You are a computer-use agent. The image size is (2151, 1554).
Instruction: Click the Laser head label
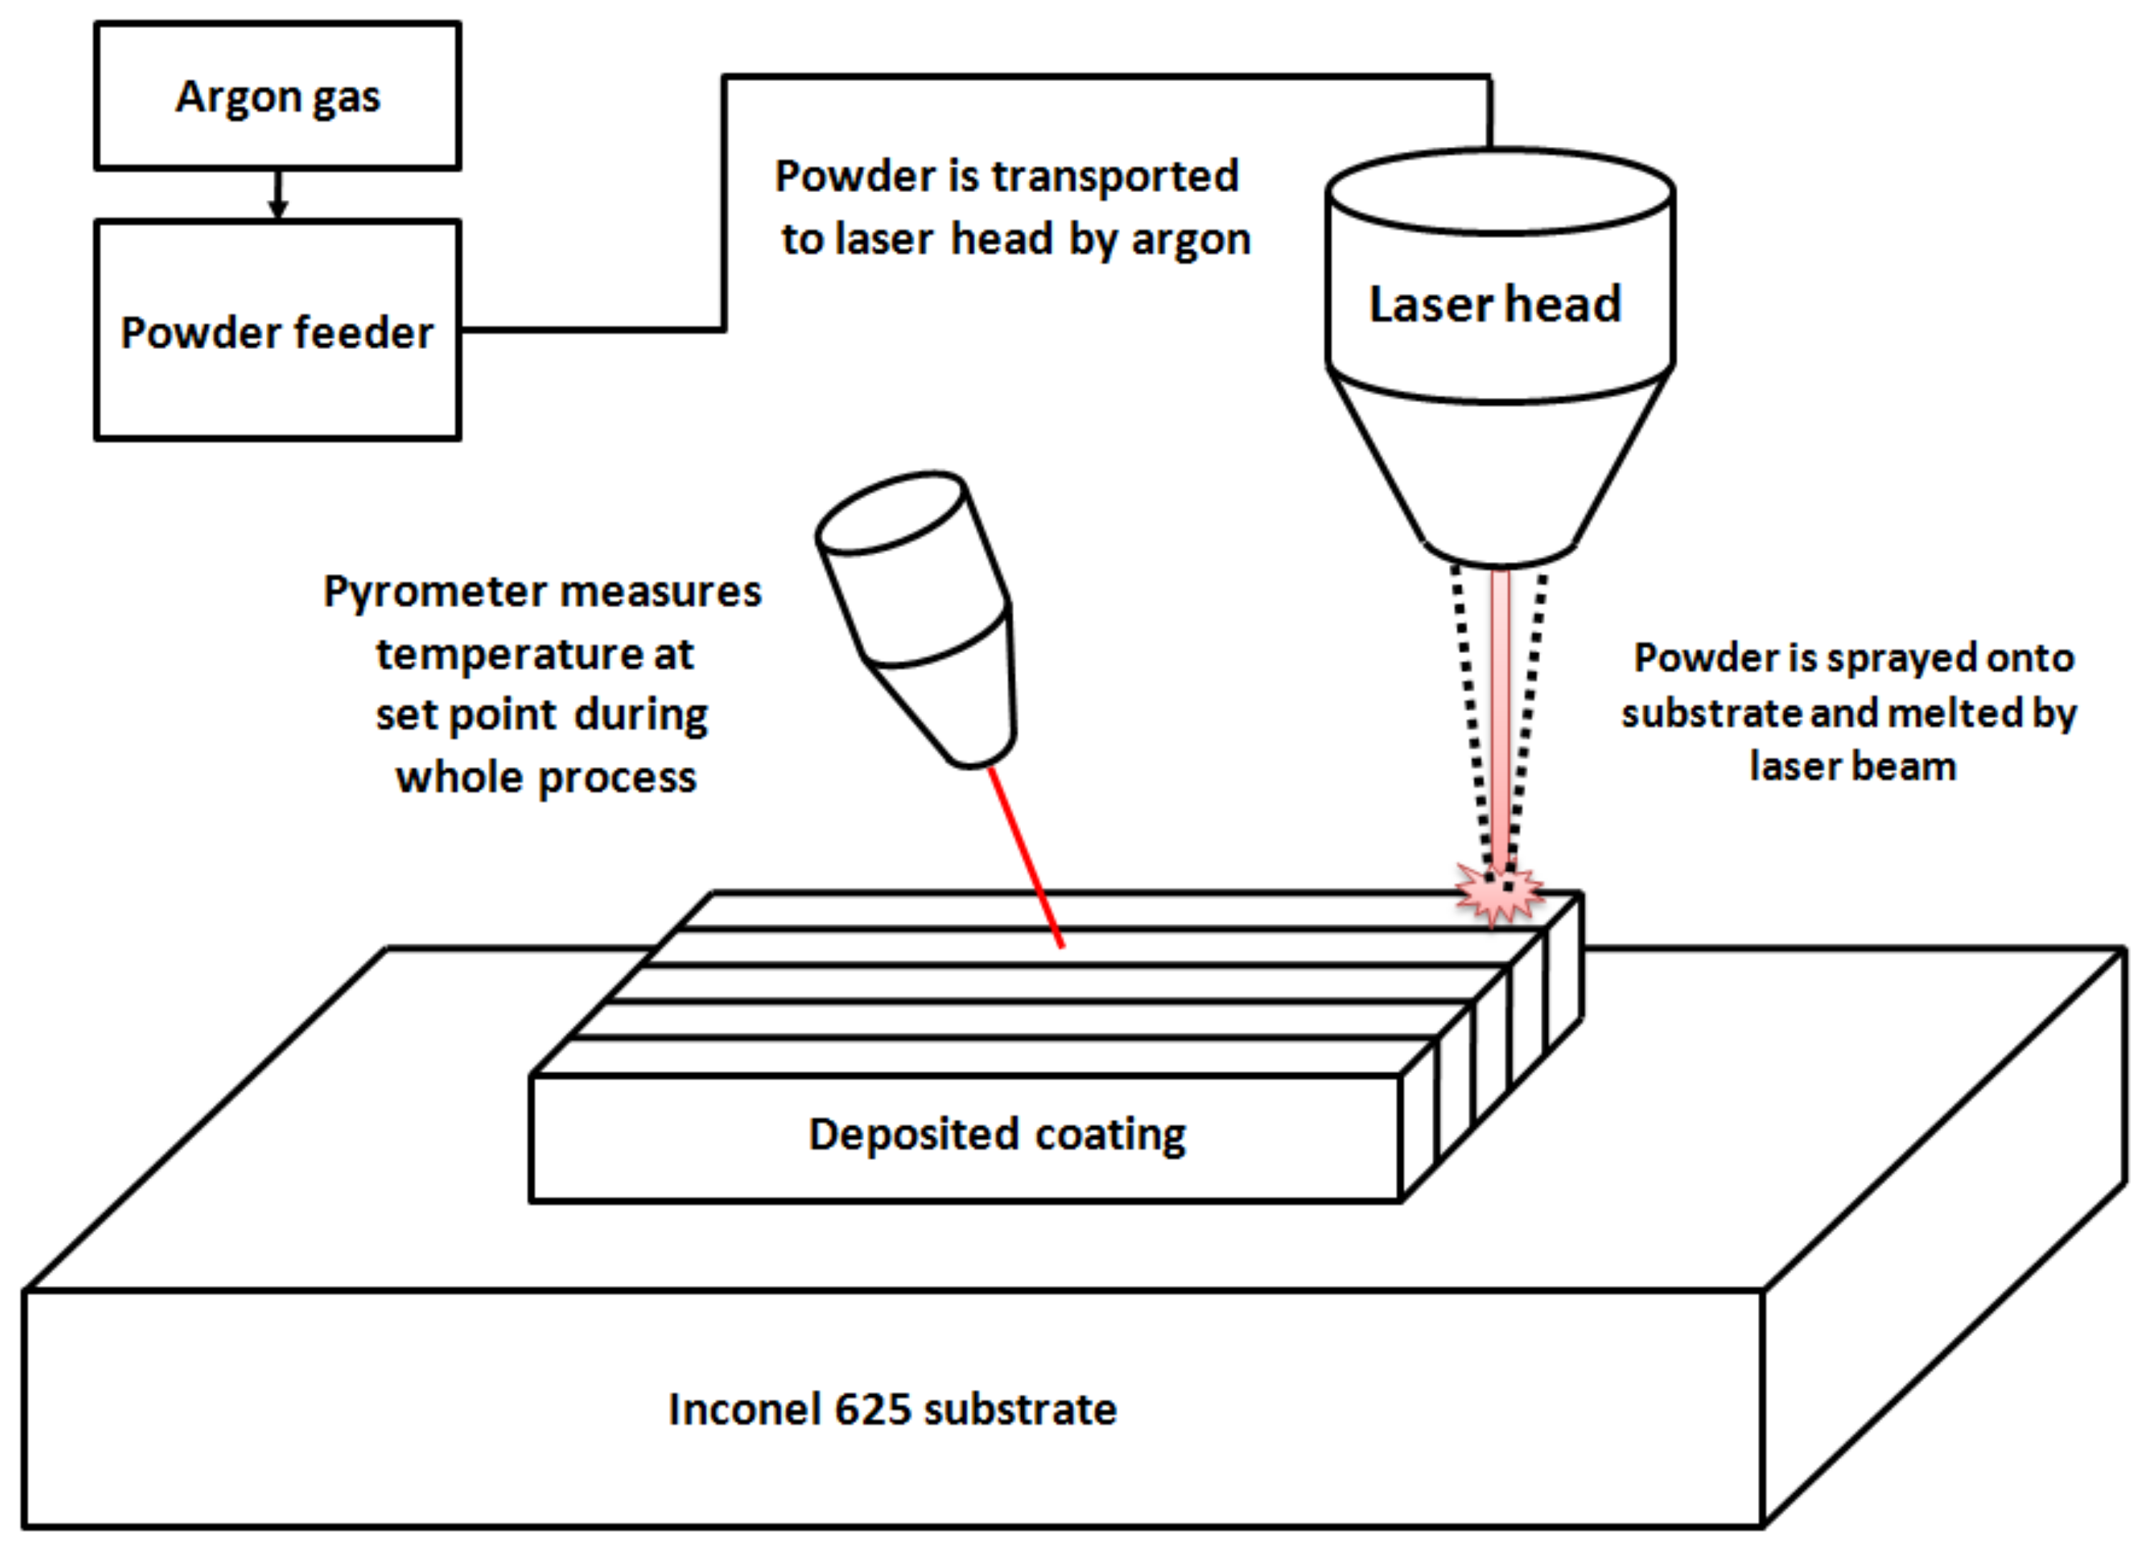[1495, 305]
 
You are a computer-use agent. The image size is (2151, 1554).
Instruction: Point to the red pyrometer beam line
[1025, 858]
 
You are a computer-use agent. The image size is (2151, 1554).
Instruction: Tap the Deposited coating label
[996, 1134]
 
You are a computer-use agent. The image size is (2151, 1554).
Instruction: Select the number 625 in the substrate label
[875, 1409]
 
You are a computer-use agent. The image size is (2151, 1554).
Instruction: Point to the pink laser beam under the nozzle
[1501, 711]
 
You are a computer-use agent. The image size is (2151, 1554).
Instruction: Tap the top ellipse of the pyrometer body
[891, 513]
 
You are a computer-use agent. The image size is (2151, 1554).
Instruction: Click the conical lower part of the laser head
[1499, 474]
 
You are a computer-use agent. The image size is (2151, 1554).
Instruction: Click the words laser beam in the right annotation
[1852, 766]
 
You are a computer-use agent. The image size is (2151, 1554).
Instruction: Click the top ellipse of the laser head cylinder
[1499, 191]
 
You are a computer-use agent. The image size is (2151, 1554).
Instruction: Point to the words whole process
[546, 778]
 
